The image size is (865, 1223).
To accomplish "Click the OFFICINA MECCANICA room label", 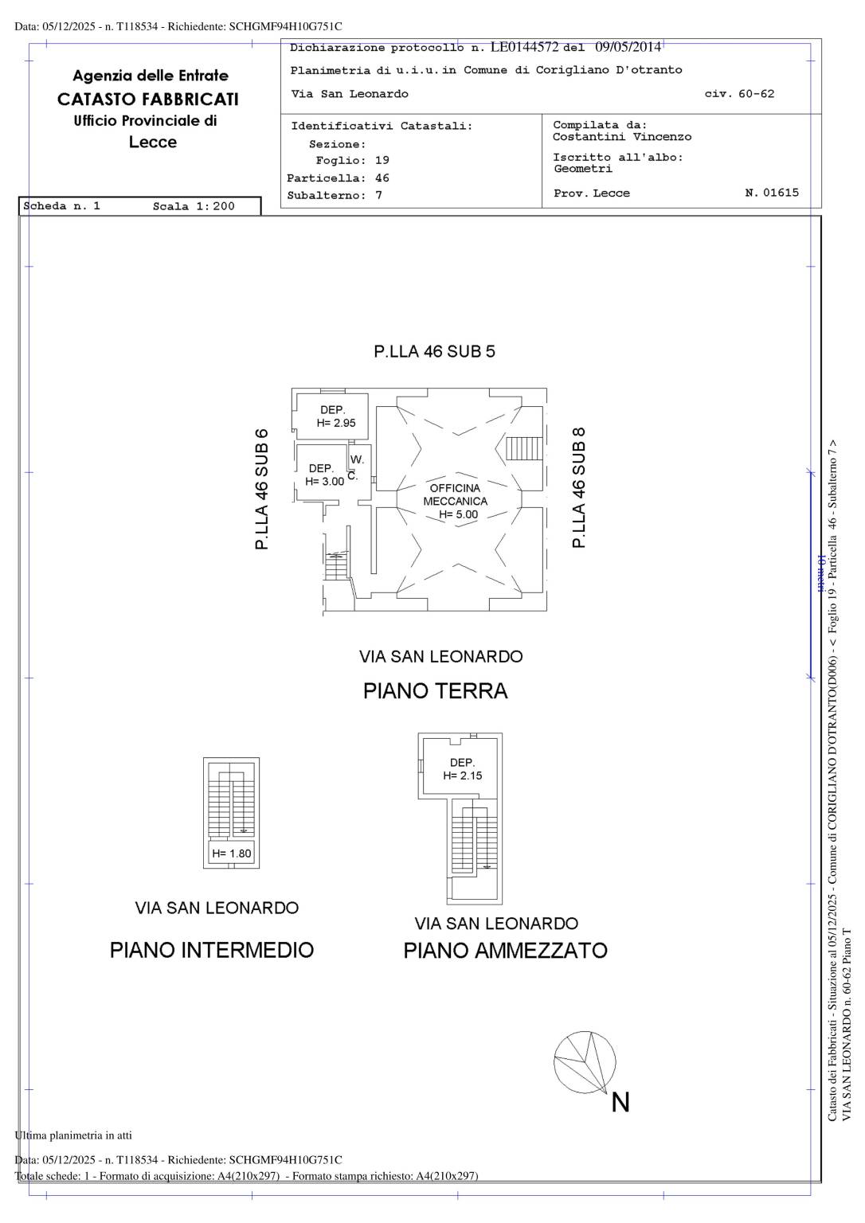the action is [x=455, y=501].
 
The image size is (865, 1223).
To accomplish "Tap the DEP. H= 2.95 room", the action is [x=331, y=416].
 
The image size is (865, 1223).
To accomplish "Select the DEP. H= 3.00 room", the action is [x=323, y=473].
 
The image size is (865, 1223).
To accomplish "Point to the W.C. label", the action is [x=355, y=467].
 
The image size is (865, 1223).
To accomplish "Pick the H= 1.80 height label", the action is [x=232, y=854].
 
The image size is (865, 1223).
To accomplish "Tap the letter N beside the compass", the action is [x=620, y=1102].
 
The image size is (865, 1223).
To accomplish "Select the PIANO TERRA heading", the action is [x=435, y=691].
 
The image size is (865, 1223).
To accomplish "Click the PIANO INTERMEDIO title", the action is [x=212, y=951].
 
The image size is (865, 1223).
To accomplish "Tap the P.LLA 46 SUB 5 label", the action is [x=434, y=351].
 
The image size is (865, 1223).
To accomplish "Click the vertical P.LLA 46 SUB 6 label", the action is [x=261, y=489].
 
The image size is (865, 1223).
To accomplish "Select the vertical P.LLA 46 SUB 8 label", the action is [x=578, y=487].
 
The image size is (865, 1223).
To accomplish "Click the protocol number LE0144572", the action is [x=524, y=47].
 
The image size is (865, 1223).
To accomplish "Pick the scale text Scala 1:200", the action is [x=194, y=206].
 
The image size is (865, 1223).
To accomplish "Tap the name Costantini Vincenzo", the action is [x=622, y=136].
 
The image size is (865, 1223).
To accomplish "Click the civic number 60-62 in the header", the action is [x=757, y=94].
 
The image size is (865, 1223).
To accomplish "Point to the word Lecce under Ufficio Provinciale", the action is [x=153, y=142].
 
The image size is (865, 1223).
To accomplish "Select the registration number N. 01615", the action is [x=772, y=192].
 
